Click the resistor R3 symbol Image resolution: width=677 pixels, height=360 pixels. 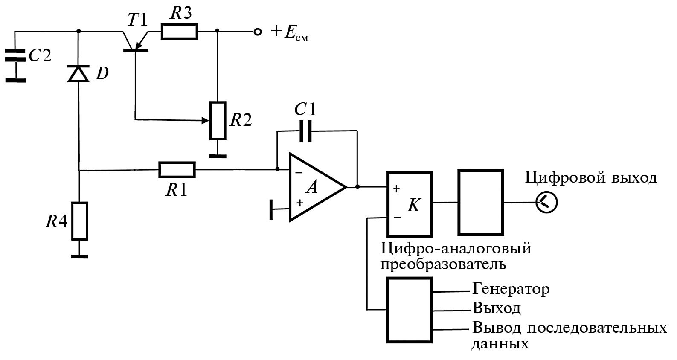[179, 32]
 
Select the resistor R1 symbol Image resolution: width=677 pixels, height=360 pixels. [177, 170]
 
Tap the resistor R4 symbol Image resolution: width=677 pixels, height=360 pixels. [80, 221]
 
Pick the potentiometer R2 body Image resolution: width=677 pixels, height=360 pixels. [218, 121]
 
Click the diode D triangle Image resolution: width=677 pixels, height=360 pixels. [79, 74]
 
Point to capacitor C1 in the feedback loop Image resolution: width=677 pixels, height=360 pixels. [305, 131]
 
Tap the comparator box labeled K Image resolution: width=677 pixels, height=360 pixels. [410, 204]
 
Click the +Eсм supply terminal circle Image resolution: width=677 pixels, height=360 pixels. [257, 32]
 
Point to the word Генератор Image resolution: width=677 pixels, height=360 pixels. [511, 289]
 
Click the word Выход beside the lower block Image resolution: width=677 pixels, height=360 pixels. [497, 308]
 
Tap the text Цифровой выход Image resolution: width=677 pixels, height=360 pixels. [591, 177]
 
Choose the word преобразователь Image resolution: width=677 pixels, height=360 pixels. [443, 264]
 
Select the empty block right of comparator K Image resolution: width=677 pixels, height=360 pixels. [480, 202]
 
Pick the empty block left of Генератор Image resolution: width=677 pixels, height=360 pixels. [409, 310]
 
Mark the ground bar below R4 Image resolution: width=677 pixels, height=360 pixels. [80, 256]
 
